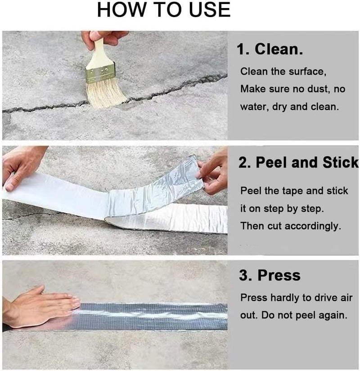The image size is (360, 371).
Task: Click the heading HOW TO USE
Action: coord(164,10)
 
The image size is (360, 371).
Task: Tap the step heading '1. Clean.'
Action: coord(270,49)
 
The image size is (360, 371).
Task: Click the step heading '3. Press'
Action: coord(270,275)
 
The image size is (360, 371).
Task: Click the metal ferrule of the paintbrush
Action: coord(100,72)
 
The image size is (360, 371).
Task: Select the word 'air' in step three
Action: coord(346,298)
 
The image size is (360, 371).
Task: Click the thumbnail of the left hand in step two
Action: coord(9,187)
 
